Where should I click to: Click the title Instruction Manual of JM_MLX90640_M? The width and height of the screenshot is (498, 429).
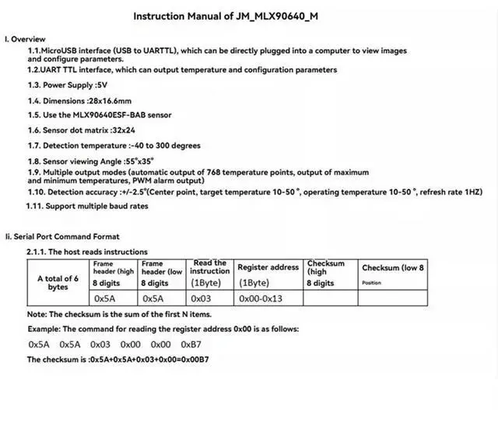coord(248,16)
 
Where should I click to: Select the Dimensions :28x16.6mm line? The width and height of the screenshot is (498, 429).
coord(79,100)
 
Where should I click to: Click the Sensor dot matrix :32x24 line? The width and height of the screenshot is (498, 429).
coord(82,130)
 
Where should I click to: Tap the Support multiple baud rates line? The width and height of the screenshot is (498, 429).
coord(87,206)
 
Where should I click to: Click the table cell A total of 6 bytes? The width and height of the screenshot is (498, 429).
coord(58,282)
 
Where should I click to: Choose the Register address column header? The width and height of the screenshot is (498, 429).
coord(268,267)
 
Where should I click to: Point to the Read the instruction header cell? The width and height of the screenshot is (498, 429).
coord(210,267)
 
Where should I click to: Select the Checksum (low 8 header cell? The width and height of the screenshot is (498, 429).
coord(393,268)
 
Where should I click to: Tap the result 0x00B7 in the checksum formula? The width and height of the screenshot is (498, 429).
coord(191,360)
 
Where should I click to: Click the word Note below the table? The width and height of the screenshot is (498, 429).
coord(37,314)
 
